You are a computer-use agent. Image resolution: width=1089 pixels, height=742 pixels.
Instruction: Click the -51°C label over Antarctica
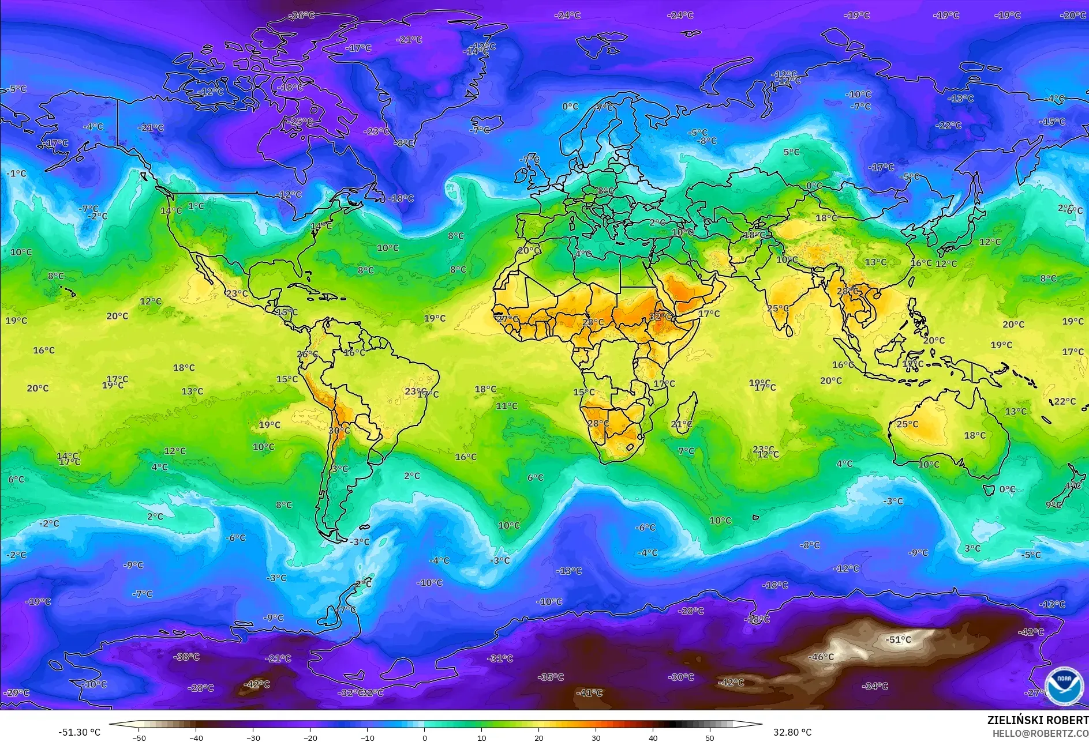899,639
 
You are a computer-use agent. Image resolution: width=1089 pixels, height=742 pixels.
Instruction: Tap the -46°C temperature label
821,657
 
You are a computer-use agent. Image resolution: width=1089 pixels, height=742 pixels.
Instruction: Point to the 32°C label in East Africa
660,317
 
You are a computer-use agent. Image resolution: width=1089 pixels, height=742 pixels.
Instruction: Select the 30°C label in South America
339,430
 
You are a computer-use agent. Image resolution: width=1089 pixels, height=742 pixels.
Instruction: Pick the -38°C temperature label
186,657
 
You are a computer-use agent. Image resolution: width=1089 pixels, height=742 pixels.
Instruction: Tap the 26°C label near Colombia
307,354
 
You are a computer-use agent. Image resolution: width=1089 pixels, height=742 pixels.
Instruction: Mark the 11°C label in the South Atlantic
507,406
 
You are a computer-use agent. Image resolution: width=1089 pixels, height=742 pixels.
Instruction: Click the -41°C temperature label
589,692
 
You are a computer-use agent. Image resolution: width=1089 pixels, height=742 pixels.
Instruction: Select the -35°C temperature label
551,677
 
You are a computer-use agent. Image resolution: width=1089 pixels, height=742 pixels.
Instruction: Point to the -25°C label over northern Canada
301,122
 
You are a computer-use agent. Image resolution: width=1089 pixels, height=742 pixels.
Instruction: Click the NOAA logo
1064,685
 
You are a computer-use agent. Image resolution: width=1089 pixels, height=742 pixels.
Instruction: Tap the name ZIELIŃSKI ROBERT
1038,720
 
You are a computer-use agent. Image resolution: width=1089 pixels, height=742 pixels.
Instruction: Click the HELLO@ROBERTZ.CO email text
1040,733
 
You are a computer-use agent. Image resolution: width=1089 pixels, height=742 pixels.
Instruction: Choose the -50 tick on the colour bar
139,737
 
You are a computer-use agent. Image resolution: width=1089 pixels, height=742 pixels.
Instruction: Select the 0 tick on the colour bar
425,737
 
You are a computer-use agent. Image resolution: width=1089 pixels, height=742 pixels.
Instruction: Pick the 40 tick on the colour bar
653,737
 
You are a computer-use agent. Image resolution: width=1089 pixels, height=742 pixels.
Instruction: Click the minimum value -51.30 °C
80,732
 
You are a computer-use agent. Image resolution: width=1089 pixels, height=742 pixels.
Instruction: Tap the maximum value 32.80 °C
792,732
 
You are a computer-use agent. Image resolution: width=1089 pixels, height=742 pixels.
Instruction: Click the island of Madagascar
686,414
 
